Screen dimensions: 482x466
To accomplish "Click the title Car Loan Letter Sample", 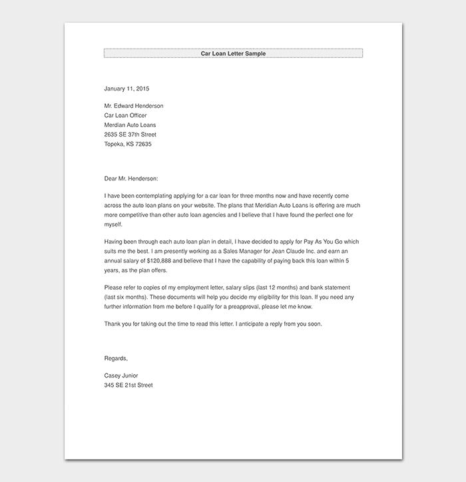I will coord(233,53).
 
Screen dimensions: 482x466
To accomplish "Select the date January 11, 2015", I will coord(126,88).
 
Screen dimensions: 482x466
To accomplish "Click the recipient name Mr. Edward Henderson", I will coord(134,106).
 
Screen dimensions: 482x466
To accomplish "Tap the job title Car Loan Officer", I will coord(125,115).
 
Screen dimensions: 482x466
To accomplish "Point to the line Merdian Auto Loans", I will coord(130,124).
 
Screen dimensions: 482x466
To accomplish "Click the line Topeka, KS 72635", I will coord(128,143).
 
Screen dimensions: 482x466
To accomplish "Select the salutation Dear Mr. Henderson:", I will coord(132,178).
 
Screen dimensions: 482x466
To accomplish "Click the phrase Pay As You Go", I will coord(320,243).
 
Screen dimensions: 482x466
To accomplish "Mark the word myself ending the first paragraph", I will coord(114,224).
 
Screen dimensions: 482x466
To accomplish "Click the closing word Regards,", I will coord(116,358).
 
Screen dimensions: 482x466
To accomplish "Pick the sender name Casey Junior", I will coord(121,375).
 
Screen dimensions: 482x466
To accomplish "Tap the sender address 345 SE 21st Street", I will coord(128,385).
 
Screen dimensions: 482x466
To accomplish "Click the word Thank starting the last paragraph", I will coord(113,324).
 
